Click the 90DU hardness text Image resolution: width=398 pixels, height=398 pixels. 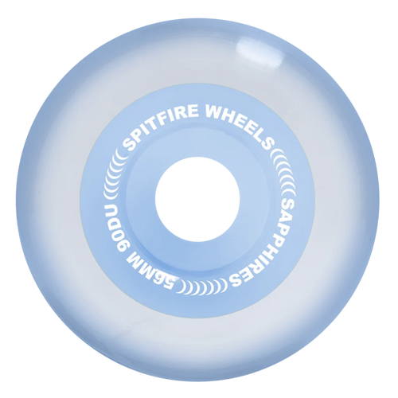click(x=117, y=228)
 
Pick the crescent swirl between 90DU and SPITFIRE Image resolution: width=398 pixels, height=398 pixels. click(x=114, y=176)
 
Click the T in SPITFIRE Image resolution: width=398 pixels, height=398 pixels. click(x=156, y=118)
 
